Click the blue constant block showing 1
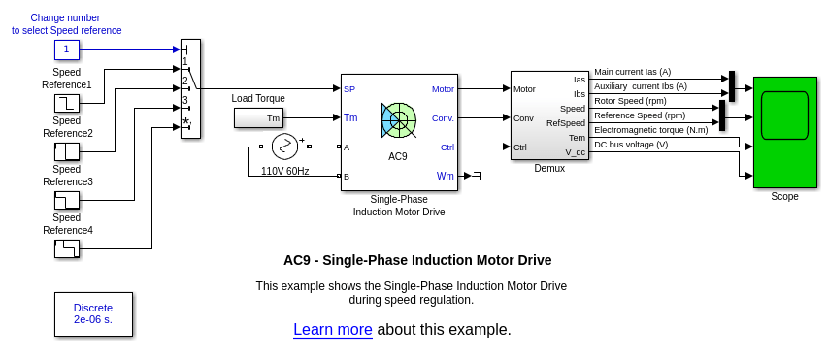(x=67, y=49)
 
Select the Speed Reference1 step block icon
(x=67, y=103)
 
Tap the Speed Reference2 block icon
(x=67, y=151)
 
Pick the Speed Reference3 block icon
(x=67, y=200)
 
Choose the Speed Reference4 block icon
(x=67, y=248)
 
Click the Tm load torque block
(x=258, y=117)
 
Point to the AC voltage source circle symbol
(x=285, y=147)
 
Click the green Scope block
(x=784, y=132)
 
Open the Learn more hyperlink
(x=333, y=329)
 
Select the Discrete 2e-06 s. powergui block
(x=93, y=314)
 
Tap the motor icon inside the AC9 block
(x=399, y=120)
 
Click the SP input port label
(x=349, y=89)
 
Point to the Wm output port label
(x=446, y=176)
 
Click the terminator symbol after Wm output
(x=477, y=176)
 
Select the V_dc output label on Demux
(x=575, y=152)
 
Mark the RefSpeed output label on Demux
(x=566, y=123)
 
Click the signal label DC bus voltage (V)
(x=631, y=145)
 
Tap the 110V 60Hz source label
(x=285, y=171)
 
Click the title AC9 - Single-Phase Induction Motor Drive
(x=417, y=260)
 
